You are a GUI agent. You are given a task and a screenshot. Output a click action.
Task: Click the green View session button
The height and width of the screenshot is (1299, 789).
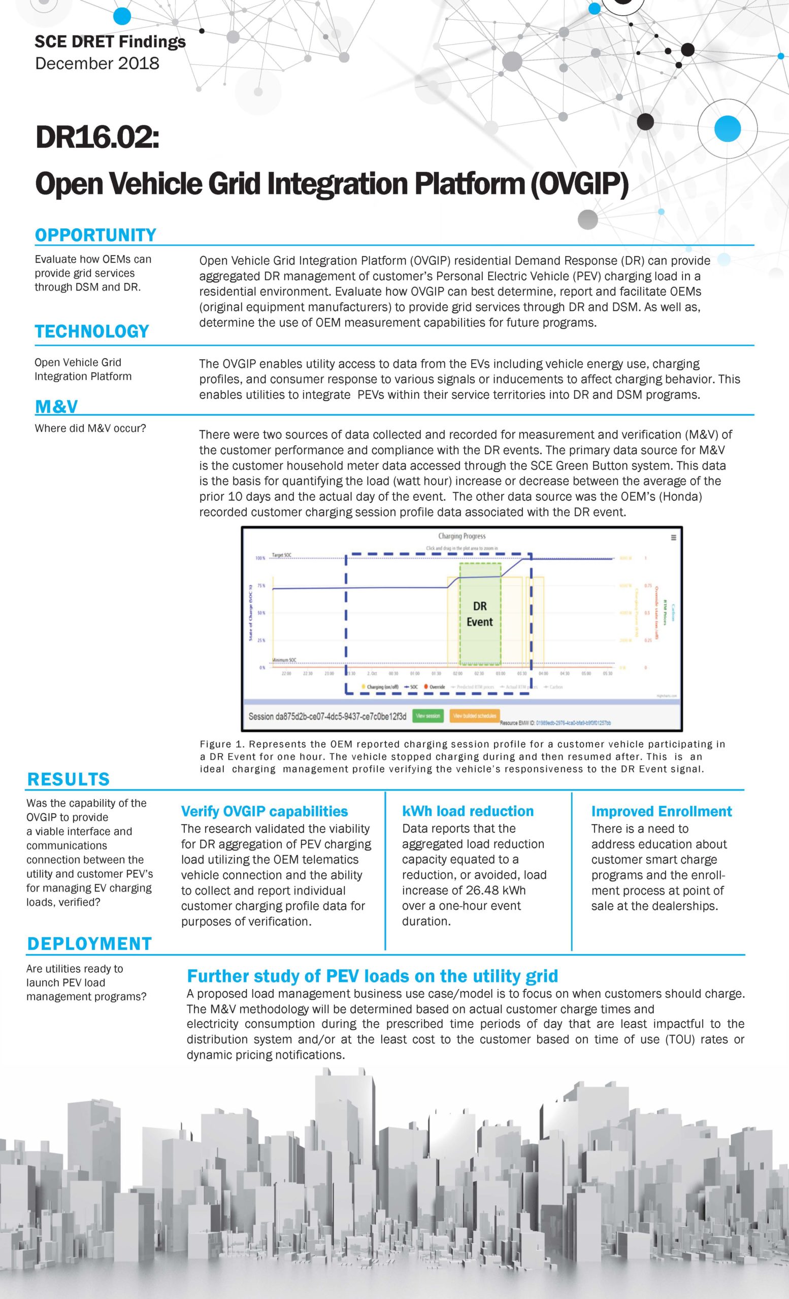[x=428, y=716]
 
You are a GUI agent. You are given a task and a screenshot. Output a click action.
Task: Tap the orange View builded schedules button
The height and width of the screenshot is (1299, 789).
[x=475, y=716]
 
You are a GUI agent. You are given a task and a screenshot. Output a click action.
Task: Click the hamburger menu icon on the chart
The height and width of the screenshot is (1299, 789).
[x=674, y=538]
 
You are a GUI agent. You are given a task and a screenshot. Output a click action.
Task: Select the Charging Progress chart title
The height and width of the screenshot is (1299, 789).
[x=462, y=536]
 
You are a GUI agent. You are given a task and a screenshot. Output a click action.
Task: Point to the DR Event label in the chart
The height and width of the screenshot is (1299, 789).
[x=479, y=614]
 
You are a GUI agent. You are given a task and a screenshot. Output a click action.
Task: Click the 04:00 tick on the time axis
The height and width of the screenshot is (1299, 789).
[x=543, y=673]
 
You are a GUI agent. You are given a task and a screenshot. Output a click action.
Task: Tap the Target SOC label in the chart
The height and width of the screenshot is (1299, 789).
[x=281, y=555]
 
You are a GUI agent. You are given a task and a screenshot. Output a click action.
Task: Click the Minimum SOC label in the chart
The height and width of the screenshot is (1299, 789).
[x=284, y=660]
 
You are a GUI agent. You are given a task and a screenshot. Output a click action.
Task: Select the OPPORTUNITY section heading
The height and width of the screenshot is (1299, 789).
[x=95, y=235]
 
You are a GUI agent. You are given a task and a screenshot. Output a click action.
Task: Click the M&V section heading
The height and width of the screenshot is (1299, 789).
[x=56, y=406]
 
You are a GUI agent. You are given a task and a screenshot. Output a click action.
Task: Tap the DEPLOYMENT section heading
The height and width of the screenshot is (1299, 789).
[x=89, y=944]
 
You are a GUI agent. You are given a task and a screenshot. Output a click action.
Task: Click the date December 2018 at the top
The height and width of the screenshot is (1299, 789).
[x=97, y=63]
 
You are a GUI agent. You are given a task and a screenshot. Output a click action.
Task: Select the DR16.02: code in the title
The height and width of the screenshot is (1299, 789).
[x=97, y=138]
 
